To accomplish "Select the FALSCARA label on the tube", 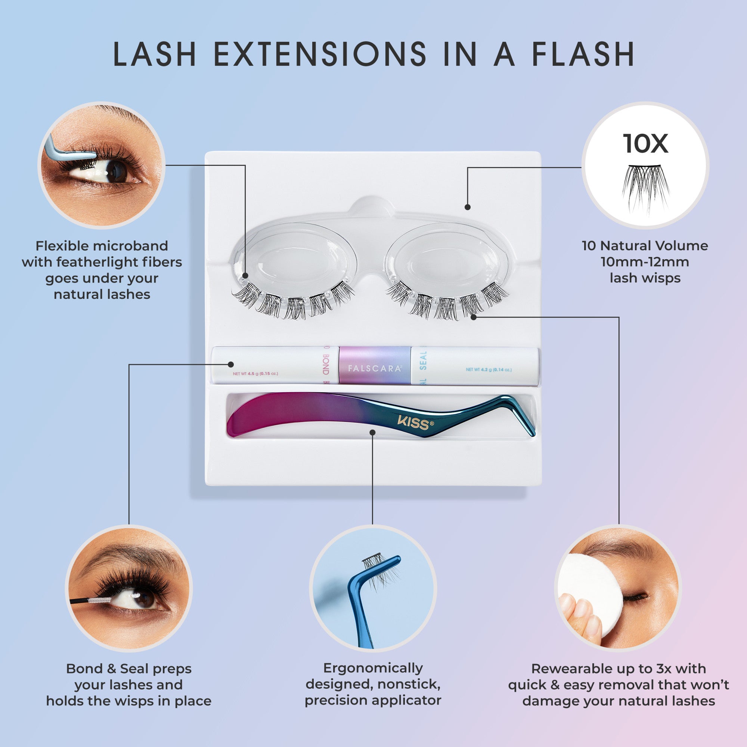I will tap(374, 368).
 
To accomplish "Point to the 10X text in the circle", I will tap(645, 144).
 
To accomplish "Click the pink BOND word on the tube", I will tap(325, 364).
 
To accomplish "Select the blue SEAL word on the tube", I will tap(423, 361).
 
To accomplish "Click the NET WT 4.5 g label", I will tap(255, 373).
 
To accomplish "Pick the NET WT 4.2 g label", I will tap(489, 370).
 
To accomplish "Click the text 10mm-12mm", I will tap(645, 262).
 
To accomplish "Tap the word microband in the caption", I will tap(130, 246).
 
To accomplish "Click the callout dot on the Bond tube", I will tap(231, 364).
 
